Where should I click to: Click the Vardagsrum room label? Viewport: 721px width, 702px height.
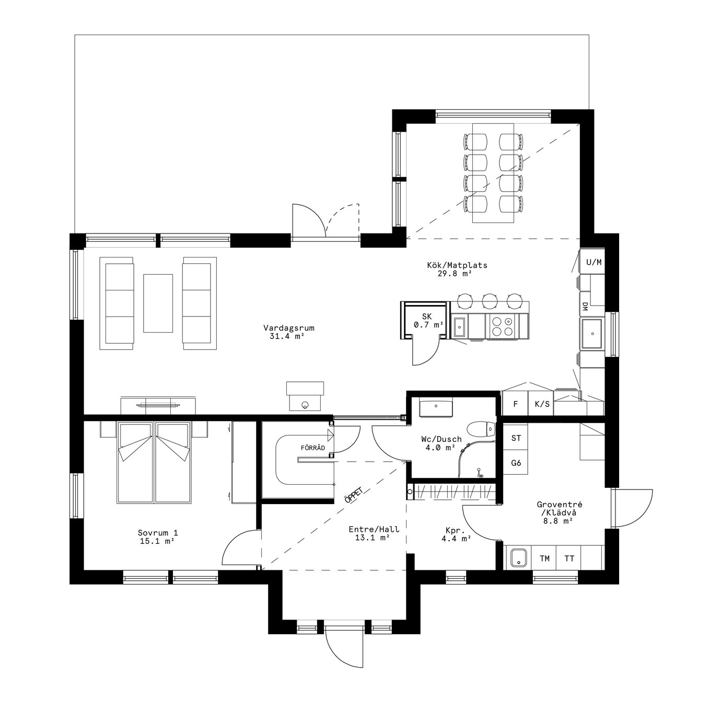288,332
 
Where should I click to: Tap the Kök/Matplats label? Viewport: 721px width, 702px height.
457,270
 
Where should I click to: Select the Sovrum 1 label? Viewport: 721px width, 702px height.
158,537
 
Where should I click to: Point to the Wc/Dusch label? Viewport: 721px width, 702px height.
441,443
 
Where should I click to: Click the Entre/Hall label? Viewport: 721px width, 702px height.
374,533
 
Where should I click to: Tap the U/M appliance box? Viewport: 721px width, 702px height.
594,262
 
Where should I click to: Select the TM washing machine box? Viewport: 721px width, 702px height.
544,558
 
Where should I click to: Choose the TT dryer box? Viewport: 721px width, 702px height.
569,558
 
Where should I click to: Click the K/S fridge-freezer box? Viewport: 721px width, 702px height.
542,404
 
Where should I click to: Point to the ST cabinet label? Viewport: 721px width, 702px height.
516,438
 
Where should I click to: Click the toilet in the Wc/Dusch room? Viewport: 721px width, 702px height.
482,430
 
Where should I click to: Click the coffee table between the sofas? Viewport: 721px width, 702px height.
158,303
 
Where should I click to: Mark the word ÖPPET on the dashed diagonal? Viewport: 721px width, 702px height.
353,495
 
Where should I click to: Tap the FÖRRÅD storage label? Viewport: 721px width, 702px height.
313,448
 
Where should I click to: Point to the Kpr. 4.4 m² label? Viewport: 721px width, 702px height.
456,534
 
